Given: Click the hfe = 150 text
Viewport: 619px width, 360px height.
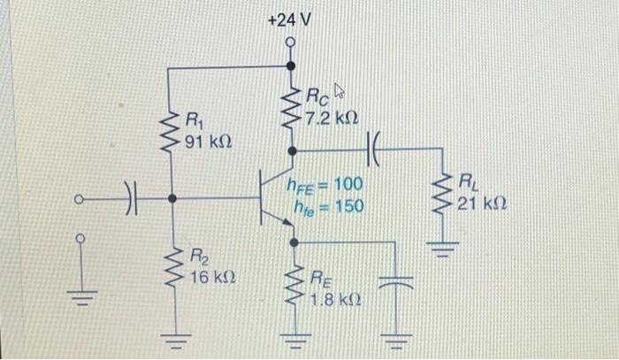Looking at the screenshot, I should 327,206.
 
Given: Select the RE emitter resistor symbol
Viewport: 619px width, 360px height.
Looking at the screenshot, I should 292,286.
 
